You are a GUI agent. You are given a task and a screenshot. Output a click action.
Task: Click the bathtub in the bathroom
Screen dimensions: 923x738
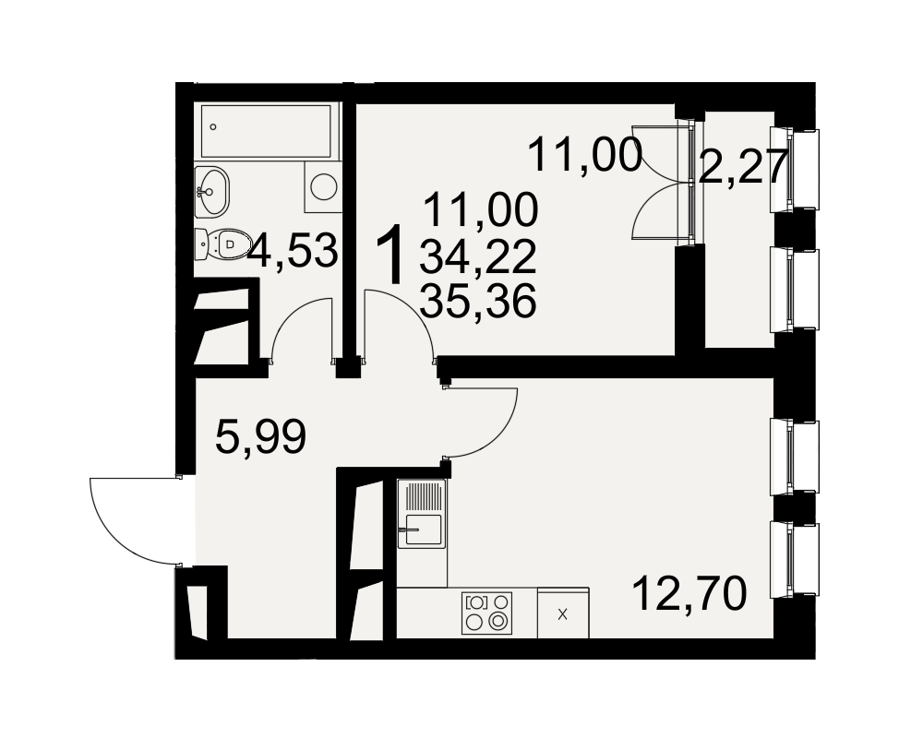pos(266,131)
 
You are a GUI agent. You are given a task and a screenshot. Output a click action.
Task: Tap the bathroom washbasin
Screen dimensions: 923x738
pos(211,190)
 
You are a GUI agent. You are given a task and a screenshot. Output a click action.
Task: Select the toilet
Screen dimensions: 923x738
pos(222,244)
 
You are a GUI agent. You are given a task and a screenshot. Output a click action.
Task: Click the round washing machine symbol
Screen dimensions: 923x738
pos(322,186)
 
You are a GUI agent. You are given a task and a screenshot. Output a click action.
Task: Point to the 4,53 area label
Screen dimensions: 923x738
pos(293,251)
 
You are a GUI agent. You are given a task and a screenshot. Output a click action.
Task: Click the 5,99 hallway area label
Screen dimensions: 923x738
pos(261,436)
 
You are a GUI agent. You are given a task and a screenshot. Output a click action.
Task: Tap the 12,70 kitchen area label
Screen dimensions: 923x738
pos(689,593)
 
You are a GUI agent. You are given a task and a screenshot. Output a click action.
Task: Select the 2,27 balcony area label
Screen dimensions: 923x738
pos(742,167)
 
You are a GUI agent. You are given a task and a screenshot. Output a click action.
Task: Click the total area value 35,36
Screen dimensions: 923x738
pos(478,301)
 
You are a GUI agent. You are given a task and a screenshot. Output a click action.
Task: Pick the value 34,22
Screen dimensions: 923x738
pos(478,257)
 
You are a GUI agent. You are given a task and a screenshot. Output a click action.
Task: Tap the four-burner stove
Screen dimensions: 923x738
pos(486,613)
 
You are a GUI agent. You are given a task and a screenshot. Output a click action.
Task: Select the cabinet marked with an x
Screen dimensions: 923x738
pos(563,614)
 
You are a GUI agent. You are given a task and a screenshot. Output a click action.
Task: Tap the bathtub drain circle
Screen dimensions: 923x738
pos(213,126)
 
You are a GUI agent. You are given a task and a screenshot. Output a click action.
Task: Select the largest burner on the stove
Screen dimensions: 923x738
pos(499,620)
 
